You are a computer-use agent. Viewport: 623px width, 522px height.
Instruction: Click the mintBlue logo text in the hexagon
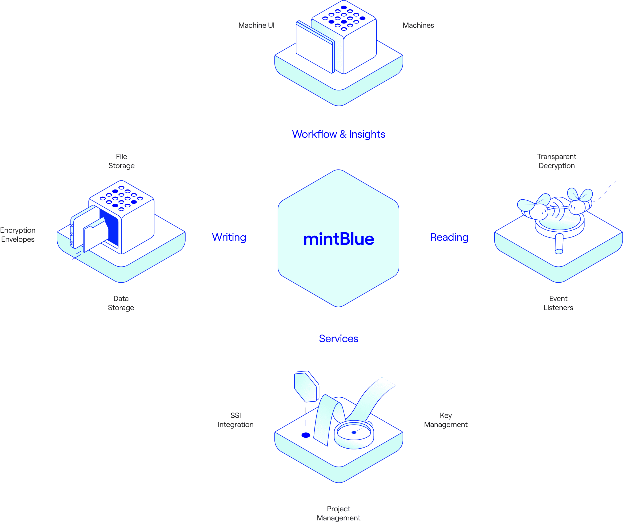338,239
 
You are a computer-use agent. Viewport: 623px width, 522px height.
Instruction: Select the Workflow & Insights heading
338,134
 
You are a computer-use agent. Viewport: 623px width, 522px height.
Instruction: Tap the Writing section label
229,237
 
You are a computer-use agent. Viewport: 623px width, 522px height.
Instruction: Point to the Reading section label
449,237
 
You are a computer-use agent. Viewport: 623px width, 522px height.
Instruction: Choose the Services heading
338,338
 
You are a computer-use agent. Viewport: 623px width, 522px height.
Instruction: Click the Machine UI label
256,25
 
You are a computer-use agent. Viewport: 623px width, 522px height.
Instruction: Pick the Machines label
418,25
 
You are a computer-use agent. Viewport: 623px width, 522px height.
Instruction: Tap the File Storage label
121,161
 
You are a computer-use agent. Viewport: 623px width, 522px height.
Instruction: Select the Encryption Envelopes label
18,235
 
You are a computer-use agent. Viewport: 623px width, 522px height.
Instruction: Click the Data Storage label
121,303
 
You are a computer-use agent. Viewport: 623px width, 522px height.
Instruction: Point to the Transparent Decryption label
557,161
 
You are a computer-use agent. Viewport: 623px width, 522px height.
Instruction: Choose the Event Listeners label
558,303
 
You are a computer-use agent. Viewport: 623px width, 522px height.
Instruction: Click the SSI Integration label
235,420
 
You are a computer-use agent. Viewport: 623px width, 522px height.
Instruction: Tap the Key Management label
446,420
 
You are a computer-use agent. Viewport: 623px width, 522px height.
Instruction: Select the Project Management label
338,513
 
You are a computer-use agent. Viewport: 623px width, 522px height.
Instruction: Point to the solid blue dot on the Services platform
306,435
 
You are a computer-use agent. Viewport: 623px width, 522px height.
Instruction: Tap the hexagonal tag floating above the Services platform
306,386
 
